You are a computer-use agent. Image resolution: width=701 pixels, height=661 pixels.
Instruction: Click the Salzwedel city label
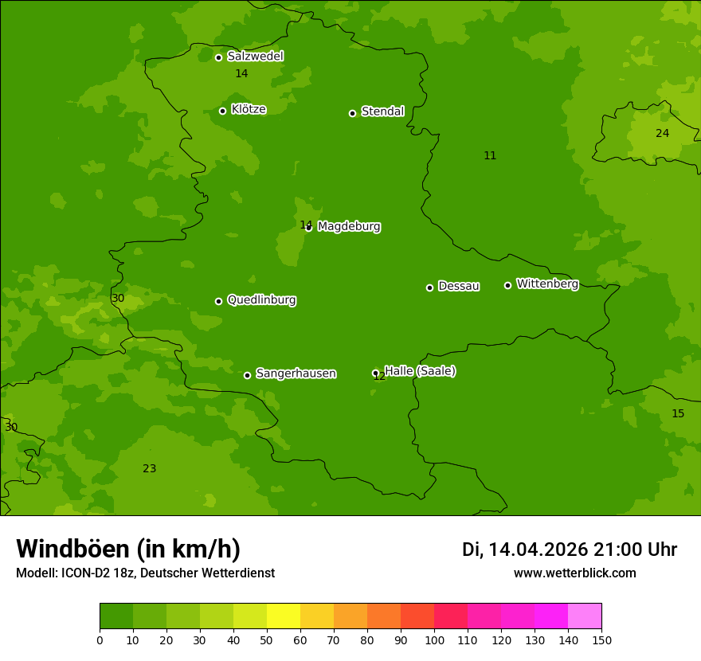255,57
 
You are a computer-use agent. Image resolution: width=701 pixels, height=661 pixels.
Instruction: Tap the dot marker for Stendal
352,113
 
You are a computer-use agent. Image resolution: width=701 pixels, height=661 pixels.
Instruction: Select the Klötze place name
249,110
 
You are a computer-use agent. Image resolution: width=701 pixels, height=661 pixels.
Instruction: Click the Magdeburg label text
349,227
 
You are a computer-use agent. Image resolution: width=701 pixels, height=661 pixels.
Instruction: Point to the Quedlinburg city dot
218,301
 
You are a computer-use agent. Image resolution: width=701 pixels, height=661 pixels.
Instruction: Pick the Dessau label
459,287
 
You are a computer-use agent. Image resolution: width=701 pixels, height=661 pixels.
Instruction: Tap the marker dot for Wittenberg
507,285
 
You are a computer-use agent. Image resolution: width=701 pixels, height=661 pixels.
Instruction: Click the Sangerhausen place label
296,374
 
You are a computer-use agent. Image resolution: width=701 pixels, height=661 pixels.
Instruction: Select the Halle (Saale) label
420,371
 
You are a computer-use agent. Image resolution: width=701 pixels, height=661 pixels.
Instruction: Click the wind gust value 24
662,133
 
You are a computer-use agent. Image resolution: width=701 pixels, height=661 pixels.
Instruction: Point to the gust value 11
490,155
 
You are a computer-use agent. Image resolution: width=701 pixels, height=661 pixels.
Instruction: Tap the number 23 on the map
149,468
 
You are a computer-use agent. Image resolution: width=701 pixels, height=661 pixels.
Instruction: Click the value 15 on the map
678,413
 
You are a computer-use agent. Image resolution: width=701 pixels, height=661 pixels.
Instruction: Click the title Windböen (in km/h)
128,549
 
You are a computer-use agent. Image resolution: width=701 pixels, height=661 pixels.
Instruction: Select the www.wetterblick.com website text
574,573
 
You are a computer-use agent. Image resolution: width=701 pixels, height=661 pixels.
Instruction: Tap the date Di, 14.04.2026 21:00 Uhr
570,550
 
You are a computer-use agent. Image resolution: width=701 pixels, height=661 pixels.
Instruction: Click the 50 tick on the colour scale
267,639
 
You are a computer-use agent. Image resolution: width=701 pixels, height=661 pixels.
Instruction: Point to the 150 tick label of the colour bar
601,639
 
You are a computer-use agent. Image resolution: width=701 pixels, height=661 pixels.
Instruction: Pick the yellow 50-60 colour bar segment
284,616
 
